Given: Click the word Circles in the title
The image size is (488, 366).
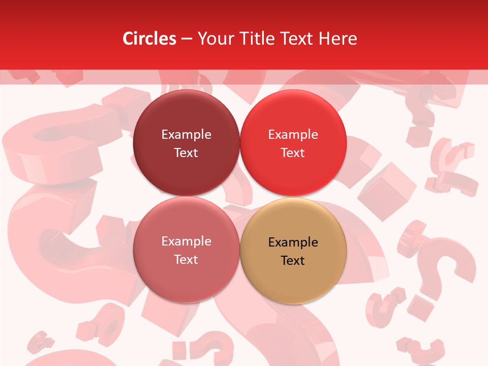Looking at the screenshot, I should click(149, 39).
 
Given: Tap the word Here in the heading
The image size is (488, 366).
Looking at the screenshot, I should click(339, 39).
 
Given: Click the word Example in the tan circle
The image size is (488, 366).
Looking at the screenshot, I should click(293, 242).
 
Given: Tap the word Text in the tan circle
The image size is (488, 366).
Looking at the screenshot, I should click(293, 261).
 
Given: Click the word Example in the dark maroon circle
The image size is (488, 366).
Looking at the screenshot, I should click(186, 135).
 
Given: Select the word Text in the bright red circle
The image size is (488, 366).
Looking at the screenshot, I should click(293, 153).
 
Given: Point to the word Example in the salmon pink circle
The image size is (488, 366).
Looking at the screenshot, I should click(186, 241).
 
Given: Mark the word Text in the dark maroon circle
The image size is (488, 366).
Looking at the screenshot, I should click(186, 153).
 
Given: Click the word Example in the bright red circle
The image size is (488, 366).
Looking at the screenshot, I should click(293, 135).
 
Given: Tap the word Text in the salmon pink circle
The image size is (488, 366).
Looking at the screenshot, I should click(186, 260).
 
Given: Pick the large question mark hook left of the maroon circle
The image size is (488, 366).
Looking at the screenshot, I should click(61, 147).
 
